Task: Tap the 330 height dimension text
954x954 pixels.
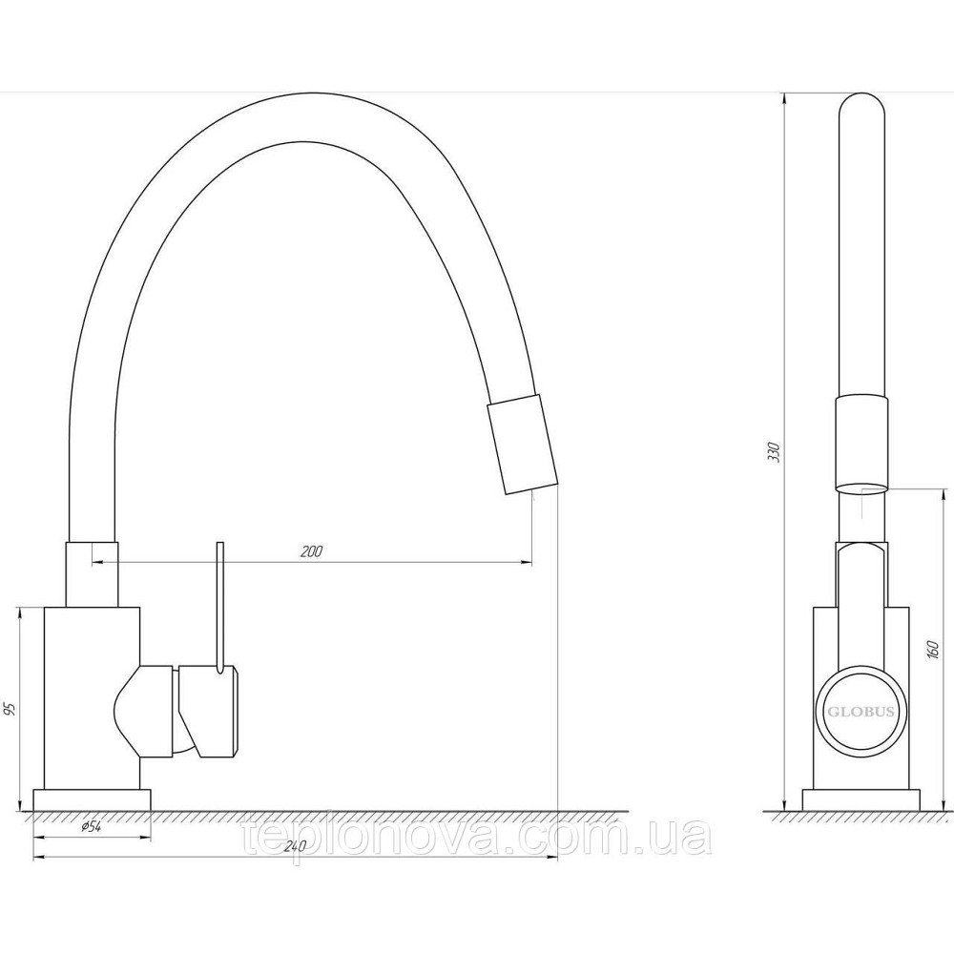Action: [774, 452]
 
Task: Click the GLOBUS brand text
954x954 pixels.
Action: [860, 712]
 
